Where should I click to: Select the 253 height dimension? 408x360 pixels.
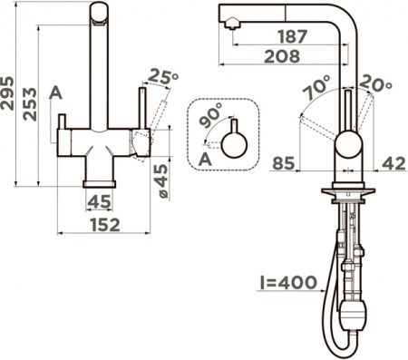pyautogui.click(x=31, y=103)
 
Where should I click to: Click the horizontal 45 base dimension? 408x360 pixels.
pyautogui.click(x=100, y=201)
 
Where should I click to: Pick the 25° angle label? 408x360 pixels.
pyautogui.click(x=162, y=76)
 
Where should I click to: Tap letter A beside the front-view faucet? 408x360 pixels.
pyautogui.click(x=56, y=92)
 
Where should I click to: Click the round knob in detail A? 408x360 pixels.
pyautogui.click(x=235, y=143)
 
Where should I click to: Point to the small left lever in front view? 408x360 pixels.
pyautogui.click(x=63, y=122)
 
